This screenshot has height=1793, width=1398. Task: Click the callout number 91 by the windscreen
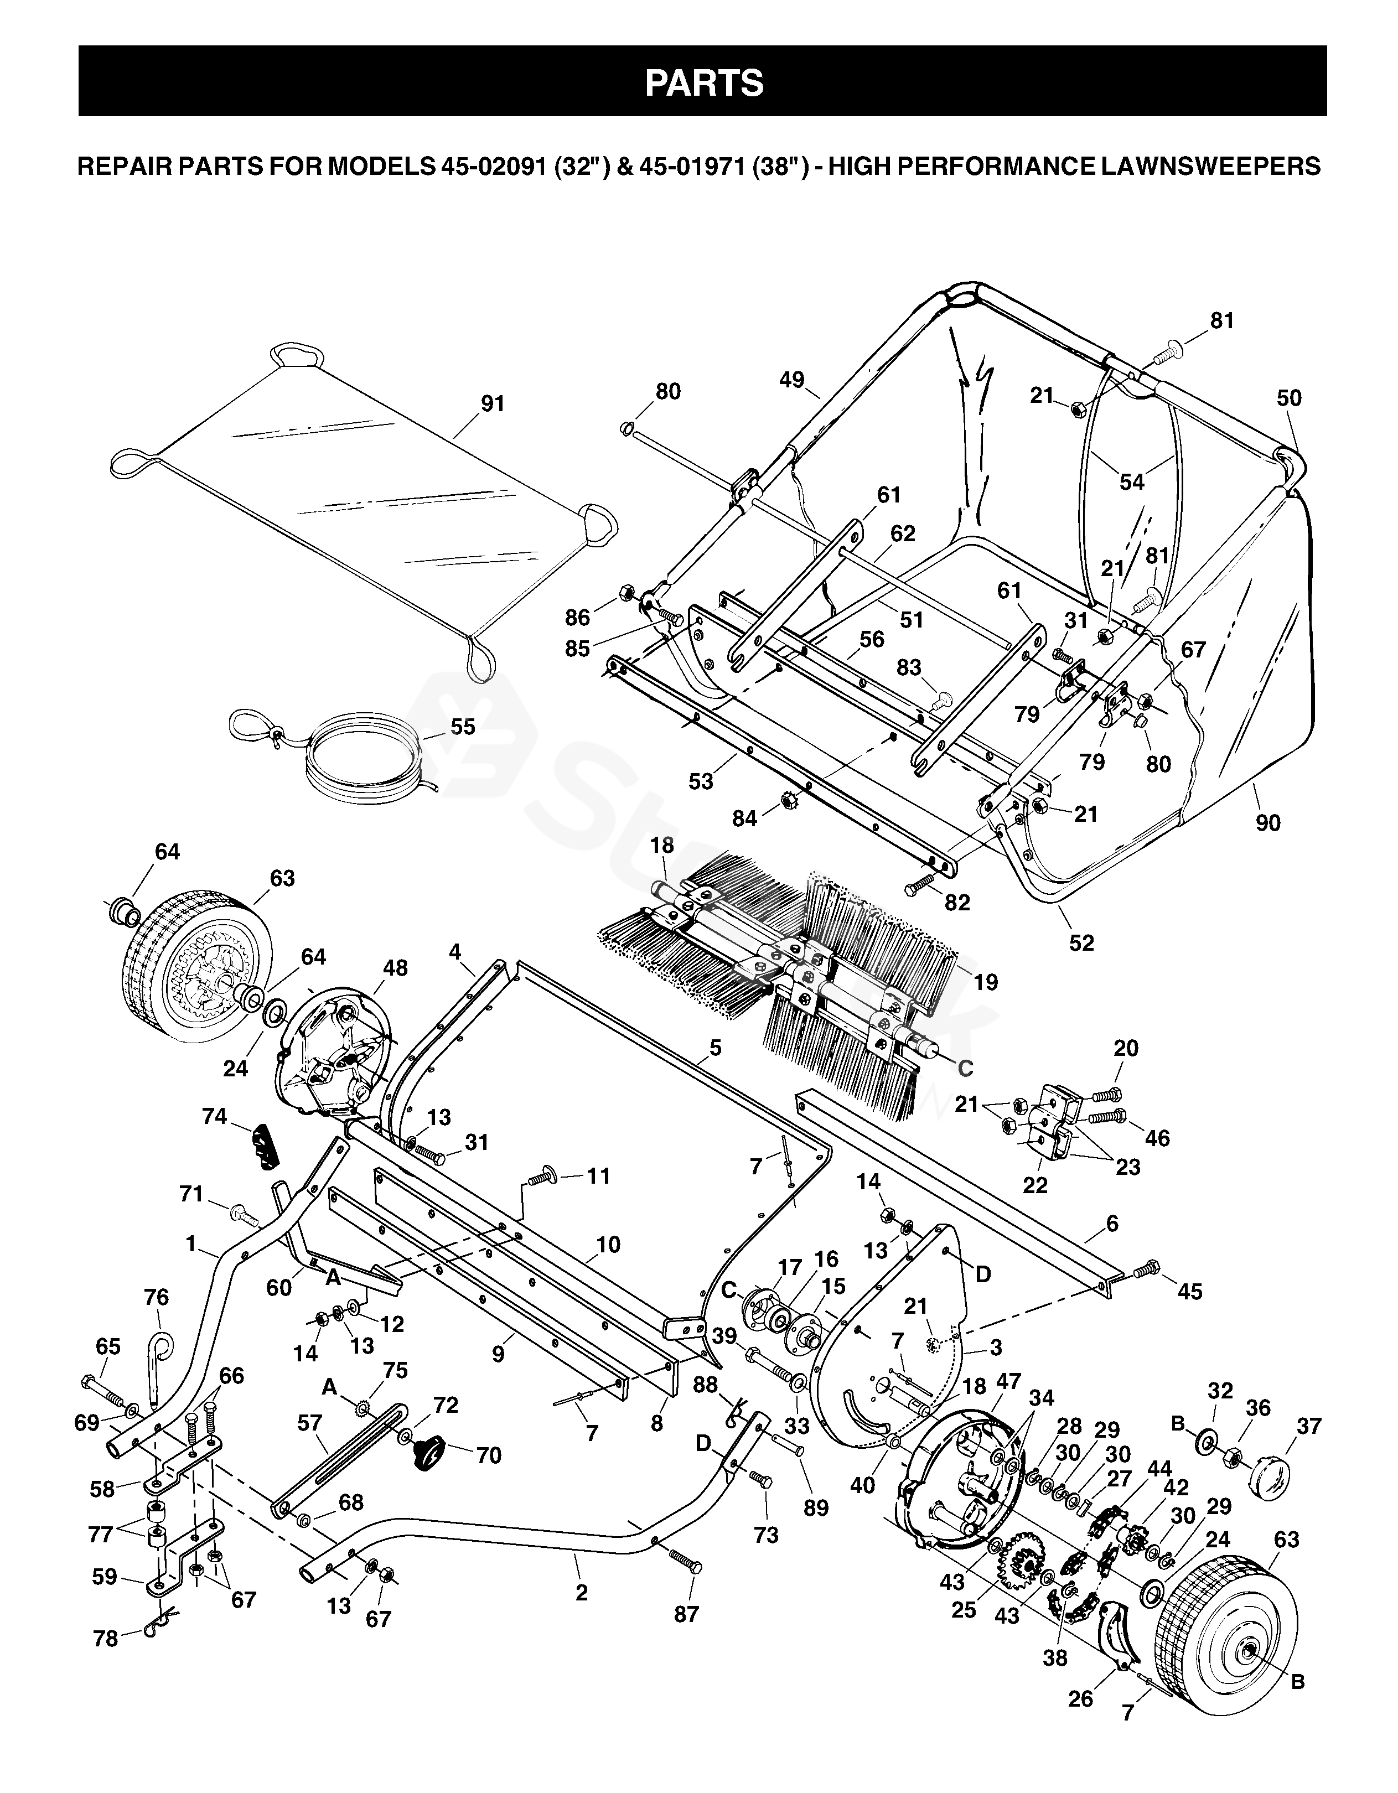coord(493,404)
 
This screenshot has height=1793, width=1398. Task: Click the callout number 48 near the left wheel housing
coord(395,968)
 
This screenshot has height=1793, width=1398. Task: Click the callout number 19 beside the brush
coord(985,982)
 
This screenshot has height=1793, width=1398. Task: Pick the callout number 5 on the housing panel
coord(716,1048)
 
